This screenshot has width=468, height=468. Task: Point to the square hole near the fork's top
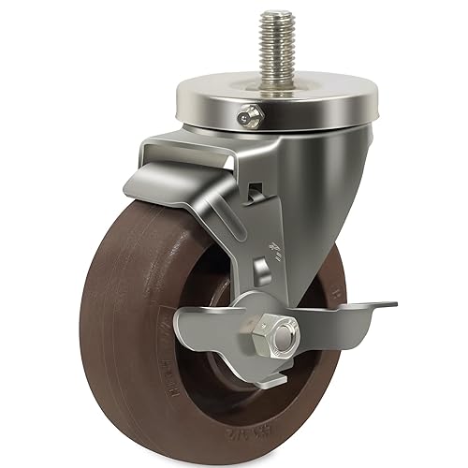pos(254,194)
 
